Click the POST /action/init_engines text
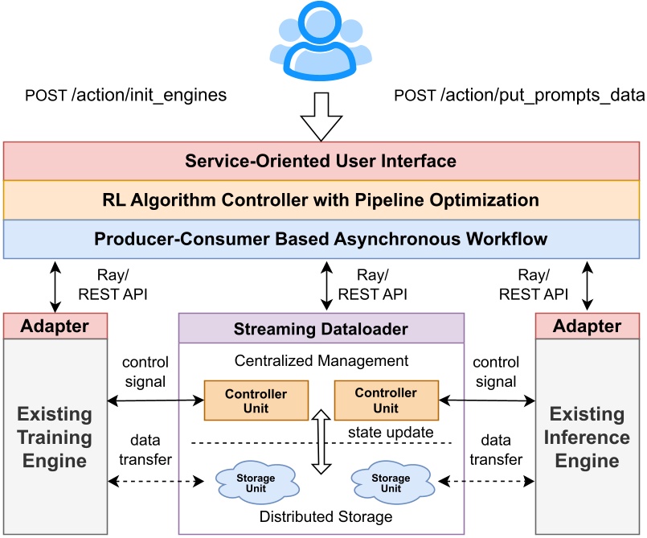coord(126,96)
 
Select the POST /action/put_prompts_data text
coord(519,96)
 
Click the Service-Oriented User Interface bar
coord(321,161)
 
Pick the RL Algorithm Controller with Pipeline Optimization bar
coord(321,199)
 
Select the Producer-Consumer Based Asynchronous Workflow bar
coord(321,239)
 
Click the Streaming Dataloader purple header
coord(321,329)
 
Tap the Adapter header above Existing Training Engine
coord(56,326)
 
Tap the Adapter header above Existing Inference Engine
coord(589,326)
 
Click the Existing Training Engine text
coord(55,437)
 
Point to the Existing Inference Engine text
coord(588,437)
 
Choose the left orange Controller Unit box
coord(256,400)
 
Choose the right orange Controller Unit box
coord(386,400)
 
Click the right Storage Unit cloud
coord(391,482)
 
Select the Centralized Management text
coord(321,361)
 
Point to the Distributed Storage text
coord(326,516)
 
